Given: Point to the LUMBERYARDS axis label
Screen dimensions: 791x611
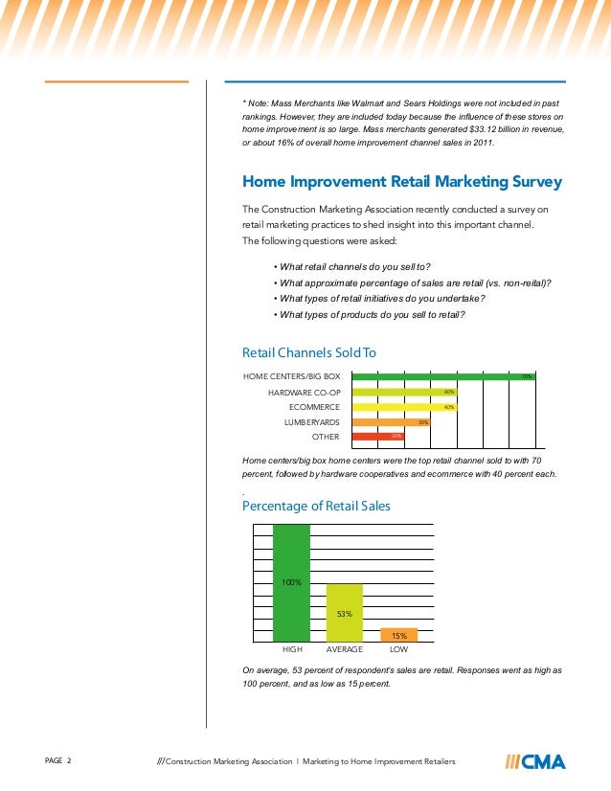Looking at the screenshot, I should click(x=311, y=421).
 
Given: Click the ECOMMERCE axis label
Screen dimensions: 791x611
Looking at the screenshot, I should click(x=314, y=407).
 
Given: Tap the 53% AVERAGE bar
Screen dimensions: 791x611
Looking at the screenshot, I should click(x=345, y=612).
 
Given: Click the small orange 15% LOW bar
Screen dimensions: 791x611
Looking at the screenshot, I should click(x=398, y=635).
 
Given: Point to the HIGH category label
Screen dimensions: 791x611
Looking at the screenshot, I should click(x=292, y=649).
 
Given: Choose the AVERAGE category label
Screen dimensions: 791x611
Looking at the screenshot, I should click(x=345, y=649).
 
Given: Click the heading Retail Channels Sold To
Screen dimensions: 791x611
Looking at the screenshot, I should click(x=308, y=352).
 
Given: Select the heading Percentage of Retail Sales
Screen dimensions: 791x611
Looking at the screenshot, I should click(x=316, y=505).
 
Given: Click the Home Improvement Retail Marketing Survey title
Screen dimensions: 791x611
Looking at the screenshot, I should click(x=401, y=181).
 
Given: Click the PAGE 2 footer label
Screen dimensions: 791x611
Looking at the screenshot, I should click(x=58, y=761).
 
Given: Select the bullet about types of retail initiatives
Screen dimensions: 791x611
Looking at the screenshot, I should click(x=379, y=298).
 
